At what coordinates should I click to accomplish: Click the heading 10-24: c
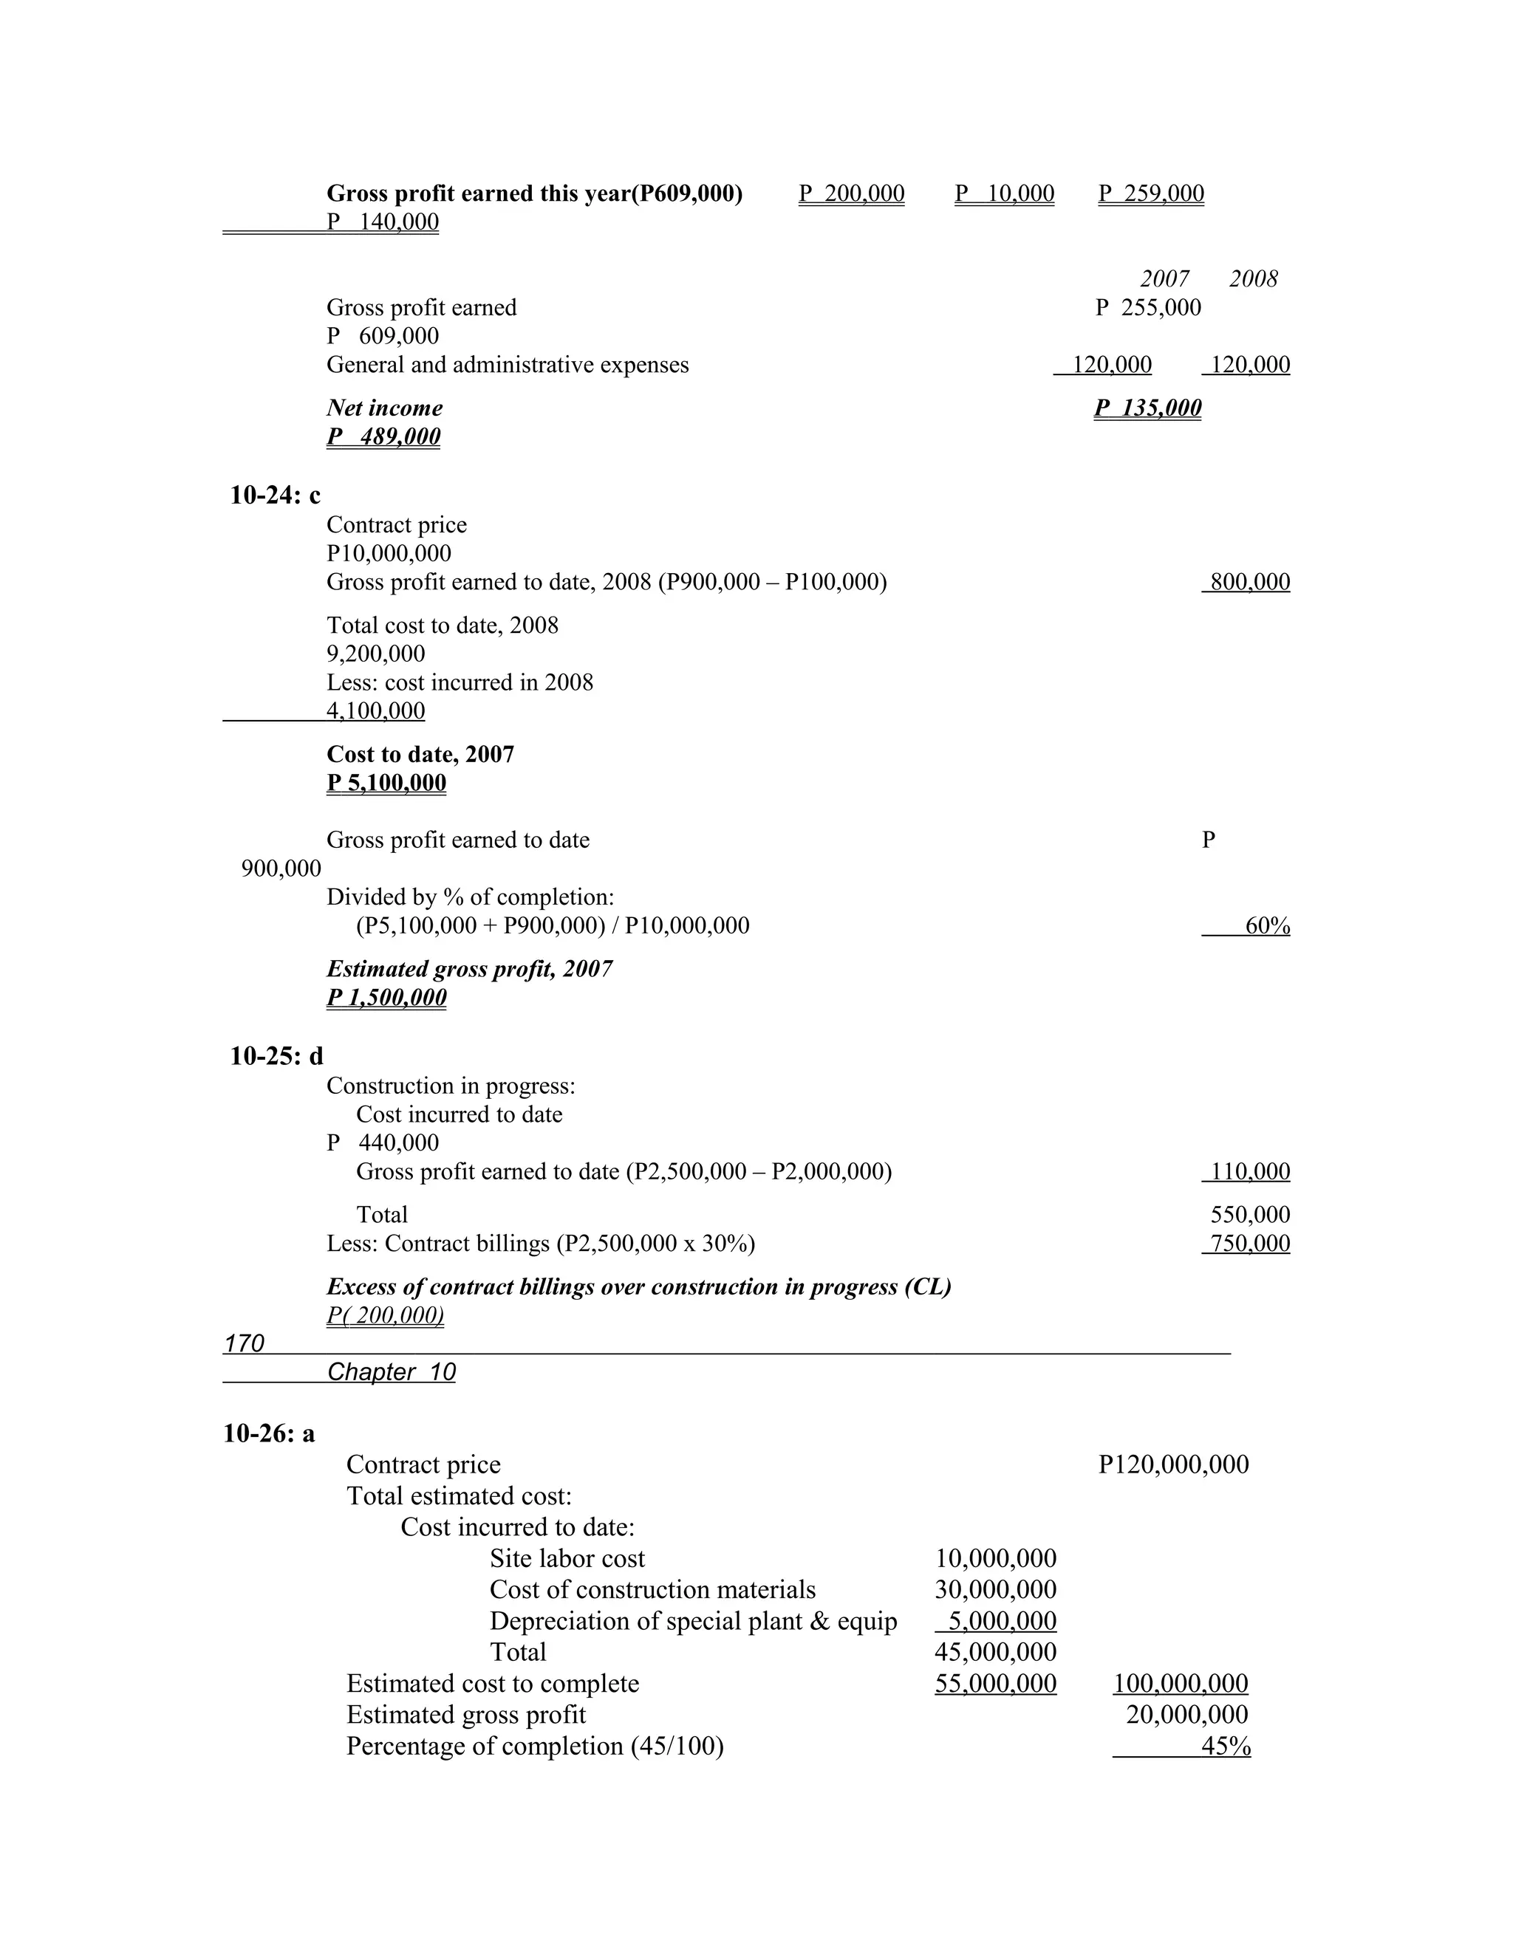pyautogui.click(x=275, y=495)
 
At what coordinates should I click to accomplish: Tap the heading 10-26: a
pyautogui.click(x=269, y=1433)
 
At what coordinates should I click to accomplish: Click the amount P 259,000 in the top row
pyautogui.click(x=1151, y=193)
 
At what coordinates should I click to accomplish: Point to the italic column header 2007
pyautogui.click(x=1164, y=278)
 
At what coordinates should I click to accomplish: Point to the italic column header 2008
pyautogui.click(x=1253, y=278)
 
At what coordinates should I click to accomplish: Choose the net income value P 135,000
pyautogui.click(x=1147, y=408)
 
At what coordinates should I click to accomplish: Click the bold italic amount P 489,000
pyautogui.click(x=383, y=436)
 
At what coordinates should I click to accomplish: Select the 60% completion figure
pyautogui.click(x=1266, y=925)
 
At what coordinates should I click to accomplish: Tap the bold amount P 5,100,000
pyautogui.click(x=386, y=782)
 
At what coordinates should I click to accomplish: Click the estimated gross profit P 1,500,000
pyautogui.click(x=386, y=997)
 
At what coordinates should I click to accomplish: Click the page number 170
pyautogui.click(x=245, y=1343)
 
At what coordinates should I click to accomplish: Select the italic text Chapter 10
pyautogui.click(x=391, y=1372)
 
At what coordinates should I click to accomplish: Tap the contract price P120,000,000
pyautogui.click(x=1173, y=1464)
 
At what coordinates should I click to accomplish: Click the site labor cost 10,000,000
pyautogui.click(x=996, y=1558)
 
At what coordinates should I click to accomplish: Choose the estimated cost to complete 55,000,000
pyautogui.click(x=996, y=1684)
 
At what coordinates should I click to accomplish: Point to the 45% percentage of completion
pyautogui.click(x=1226, y=1747)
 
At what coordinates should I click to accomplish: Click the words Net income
pyautogui.click(x=384, y=408)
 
